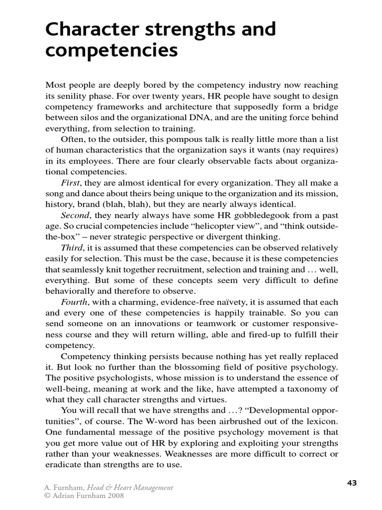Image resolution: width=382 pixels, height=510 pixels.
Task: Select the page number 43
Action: coord(351,483)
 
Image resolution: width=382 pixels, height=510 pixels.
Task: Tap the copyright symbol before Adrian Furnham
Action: coord(48,496)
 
